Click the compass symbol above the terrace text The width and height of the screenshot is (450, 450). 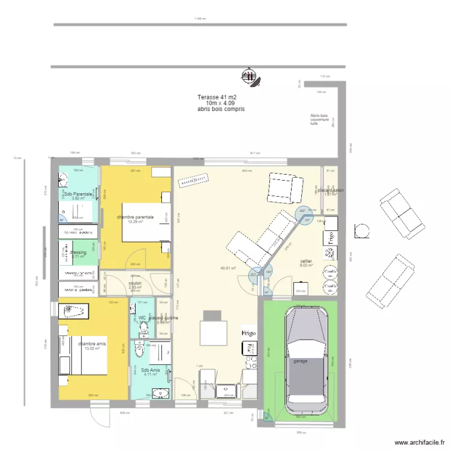click(247, 76)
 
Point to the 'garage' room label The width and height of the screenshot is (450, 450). click(300, 362)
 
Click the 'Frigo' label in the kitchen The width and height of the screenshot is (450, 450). click(249, 332)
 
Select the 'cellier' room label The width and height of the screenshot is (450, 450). click(306, 262)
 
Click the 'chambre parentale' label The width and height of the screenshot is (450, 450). click(135, 217)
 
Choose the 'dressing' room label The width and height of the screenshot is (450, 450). click(78, 253)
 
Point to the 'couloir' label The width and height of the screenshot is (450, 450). click(135, 282)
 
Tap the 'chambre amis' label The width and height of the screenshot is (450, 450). click(92, 344)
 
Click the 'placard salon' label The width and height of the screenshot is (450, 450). click(331, 190)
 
